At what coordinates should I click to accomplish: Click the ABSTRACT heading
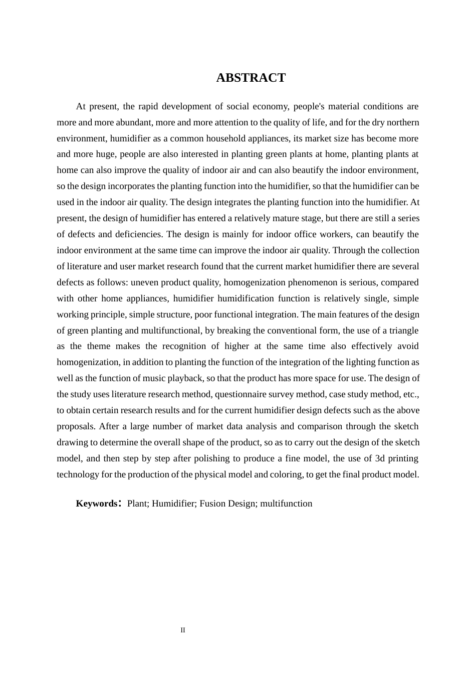click(251, 78)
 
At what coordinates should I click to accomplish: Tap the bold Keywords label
click(97, 503)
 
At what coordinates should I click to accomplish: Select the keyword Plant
click(137, 503)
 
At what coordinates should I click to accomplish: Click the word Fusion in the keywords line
click(212, 503)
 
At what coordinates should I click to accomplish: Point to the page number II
click(183, 630)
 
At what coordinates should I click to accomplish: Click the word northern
click(402, 122)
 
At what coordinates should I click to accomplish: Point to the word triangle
click(401, 330)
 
